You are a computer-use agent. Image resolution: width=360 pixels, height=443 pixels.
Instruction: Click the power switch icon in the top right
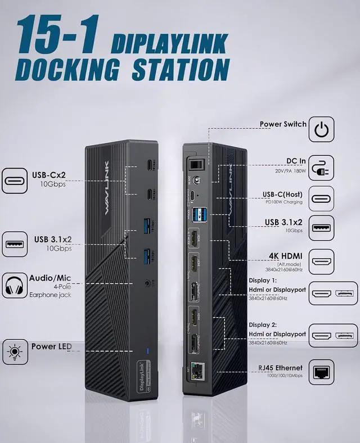(x=321, y=129)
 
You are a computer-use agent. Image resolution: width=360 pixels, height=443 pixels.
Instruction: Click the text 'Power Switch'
(x=283, y=124)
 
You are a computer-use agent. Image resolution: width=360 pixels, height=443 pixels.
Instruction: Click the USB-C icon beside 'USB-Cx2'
(x=15, y=180)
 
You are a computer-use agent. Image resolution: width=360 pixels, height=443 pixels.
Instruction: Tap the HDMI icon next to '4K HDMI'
(x=321, y=261)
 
